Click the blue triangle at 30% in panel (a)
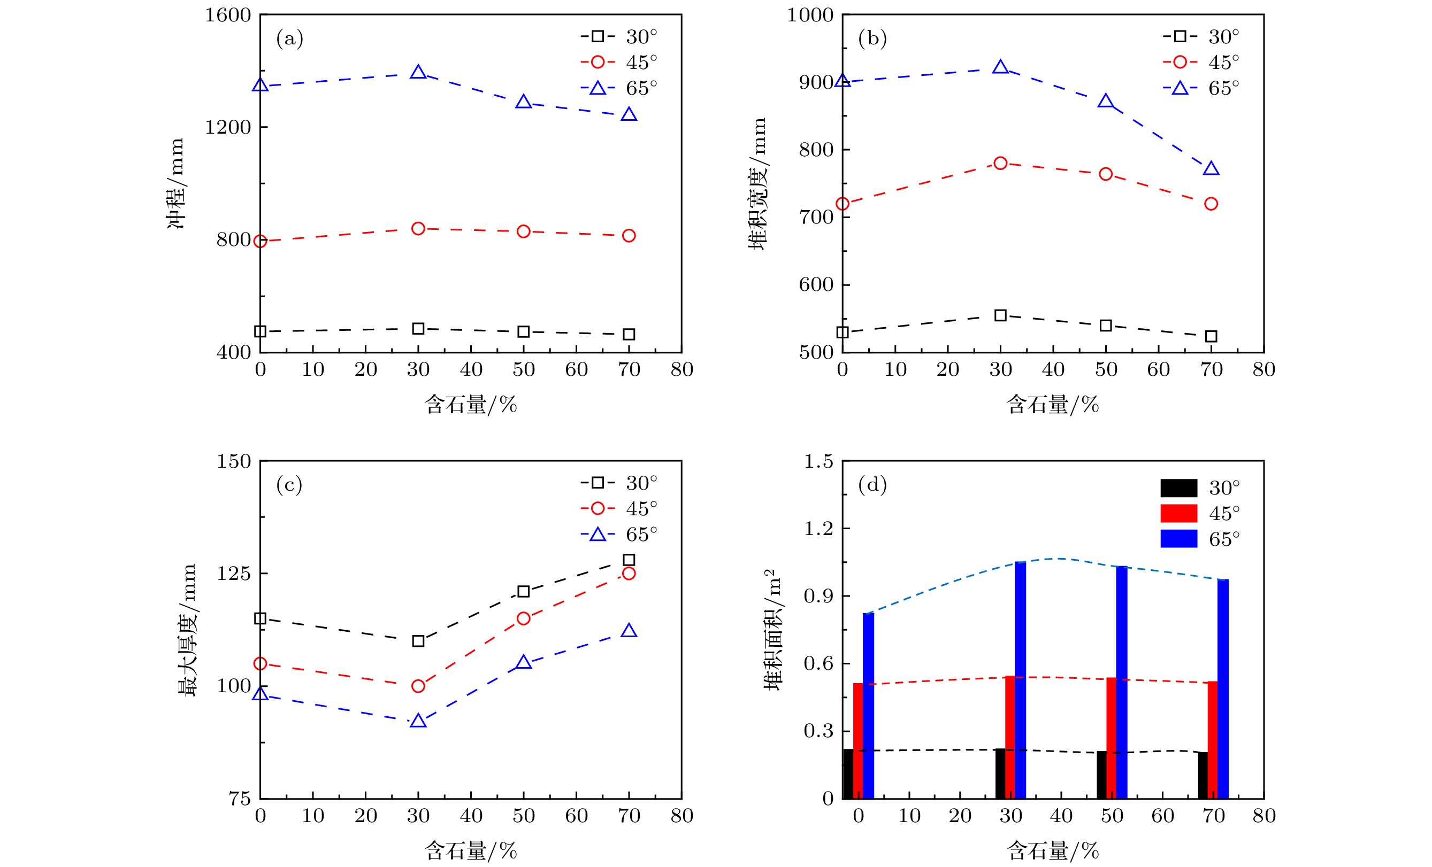pyautogui.click(x=418, y=73)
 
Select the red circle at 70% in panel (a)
pyautogui.click(x=628, y=235)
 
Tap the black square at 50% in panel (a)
pyautogui.click(x=523, y=331)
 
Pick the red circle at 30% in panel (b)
pyautogui.click(x=1000, y=163)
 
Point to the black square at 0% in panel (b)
pyautogui.click(x=842, y=332)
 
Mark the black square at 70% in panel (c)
pyautogui.click(x=628, y=560)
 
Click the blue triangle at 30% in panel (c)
pyautogui.click(x=418, y=721)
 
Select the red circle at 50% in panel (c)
pyautogui.click(x=523, y=618)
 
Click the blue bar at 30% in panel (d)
pyautogui.click(x=1020, y=679)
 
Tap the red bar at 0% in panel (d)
pyautogui.click(x=858, y=740)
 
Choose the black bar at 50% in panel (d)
pyautogui.click(x=1101, y=775)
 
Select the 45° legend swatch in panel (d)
pyautogui.click(x=1178, y=513)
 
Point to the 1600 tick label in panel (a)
pyautogui.click(x=227, y=15)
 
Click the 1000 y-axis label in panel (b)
pyautogui.click(x=809, y=15)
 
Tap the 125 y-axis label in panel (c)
pyautogui.click(x=234, y=574)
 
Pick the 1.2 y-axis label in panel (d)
pyautogui.click(x=818, y=529)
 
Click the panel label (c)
pyautogui.click(x=289, y=484)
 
